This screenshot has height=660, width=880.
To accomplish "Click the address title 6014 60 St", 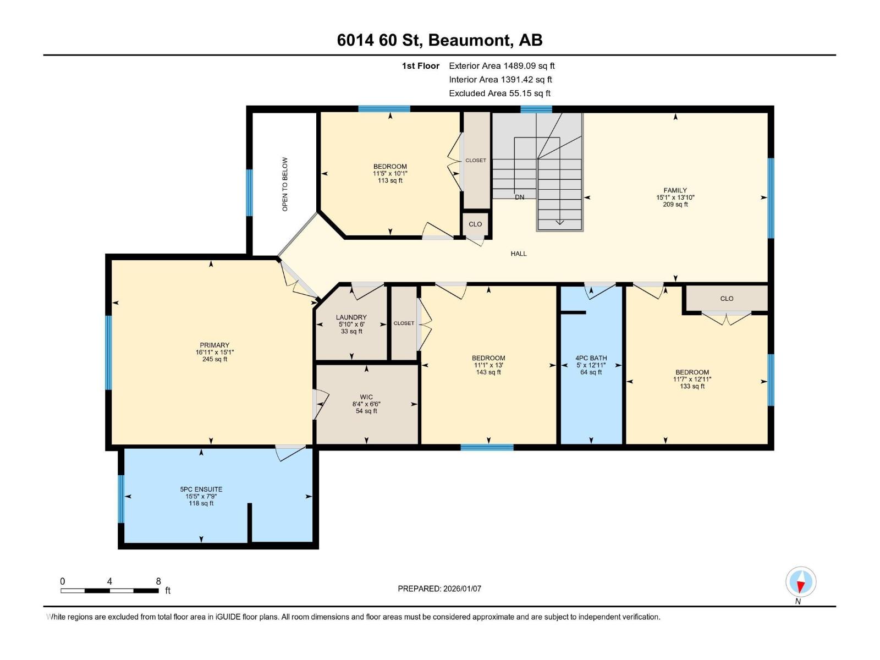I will pos(439,40).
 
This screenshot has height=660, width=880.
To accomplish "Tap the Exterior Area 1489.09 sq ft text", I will pos(502,66).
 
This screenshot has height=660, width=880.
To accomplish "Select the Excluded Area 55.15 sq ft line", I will pos(499,94).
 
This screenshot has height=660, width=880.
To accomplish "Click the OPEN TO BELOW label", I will pos(285,184).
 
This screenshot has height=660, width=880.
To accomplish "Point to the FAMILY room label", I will pos(675,190).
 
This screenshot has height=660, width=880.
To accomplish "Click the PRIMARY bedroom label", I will pos(214,345).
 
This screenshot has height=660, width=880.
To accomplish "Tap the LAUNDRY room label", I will pos(351,317).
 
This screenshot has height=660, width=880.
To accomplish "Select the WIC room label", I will pos(366,397).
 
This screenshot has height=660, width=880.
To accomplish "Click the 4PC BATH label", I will pos(591,358).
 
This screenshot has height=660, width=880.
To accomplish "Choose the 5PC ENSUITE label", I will pos(201,489).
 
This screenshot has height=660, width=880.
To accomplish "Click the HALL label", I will pos(518,254).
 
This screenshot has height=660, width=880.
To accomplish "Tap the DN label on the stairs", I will pos(519,197).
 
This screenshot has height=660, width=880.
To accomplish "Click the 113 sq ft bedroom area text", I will pos(390,180).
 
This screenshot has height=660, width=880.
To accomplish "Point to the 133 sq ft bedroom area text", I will pos(692,386).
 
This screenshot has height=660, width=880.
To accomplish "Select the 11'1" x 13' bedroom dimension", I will pos(488,365).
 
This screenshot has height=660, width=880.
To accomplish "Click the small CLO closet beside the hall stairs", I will pos(475,224).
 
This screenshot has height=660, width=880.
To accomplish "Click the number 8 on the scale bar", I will pos(158,581).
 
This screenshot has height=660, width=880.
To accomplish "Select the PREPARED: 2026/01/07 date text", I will pos(439,588).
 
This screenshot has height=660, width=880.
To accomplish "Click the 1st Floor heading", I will pos(420,66).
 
